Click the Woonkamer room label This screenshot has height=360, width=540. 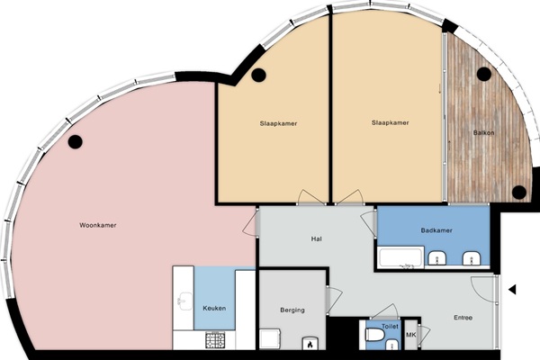98,225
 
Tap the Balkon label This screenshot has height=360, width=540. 483,132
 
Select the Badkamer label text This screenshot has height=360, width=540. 436,230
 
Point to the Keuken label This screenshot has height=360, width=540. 214,309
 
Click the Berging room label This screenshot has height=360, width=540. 292,310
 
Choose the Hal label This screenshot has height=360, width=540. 316,238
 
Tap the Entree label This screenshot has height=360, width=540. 463,318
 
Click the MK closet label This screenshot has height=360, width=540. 411,335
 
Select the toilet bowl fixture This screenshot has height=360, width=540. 374,335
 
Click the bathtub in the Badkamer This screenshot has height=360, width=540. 400,257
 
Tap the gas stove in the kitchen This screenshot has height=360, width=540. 215,339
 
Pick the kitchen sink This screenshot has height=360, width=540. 184,301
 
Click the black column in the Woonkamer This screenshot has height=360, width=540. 75,141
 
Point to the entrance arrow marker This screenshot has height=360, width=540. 512,290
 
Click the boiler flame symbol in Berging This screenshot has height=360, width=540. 310,344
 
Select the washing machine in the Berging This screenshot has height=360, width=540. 270,338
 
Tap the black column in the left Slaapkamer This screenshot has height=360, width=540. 258,75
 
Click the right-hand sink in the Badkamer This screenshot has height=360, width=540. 472,258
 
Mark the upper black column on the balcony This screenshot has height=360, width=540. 484,74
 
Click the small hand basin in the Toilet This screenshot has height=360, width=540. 391,345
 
